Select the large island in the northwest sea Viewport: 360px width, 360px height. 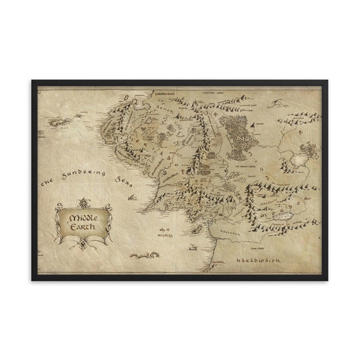[x=61, y=122]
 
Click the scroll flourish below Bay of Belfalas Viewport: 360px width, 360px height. [x=145, y=255]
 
